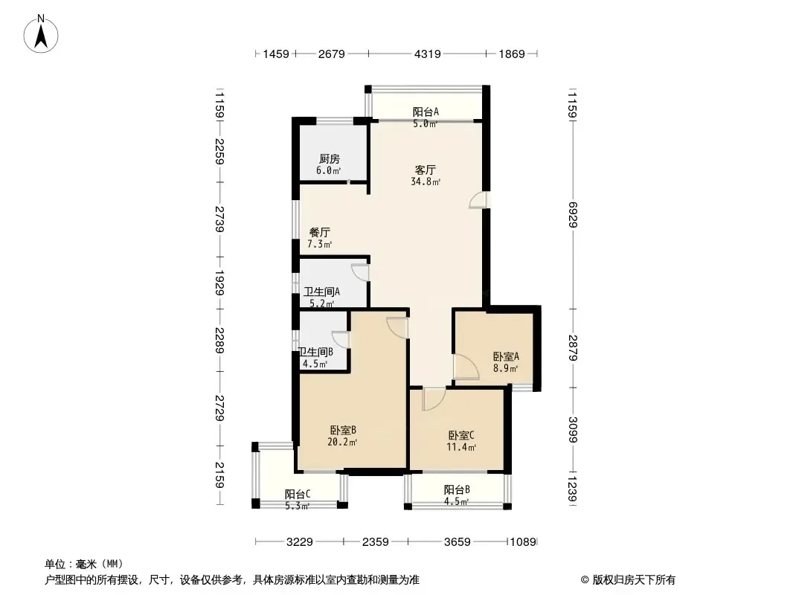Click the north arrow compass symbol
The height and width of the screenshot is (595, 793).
[41, 33]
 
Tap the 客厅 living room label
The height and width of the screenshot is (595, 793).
[425, 170]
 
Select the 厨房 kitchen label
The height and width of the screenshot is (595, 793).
[330, 158]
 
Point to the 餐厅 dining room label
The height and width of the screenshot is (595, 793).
[320, 233]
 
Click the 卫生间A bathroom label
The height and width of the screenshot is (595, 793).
[321, 292]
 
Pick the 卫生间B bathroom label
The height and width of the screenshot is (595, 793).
[315, 352]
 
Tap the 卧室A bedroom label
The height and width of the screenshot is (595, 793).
[506, 356]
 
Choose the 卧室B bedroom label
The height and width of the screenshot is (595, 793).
[343, 430]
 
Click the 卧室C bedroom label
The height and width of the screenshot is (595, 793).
[461, 435]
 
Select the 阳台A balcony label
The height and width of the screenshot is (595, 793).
[426, 112]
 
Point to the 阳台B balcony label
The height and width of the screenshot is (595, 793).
[457, 489]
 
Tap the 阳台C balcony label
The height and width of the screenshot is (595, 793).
[298, 494]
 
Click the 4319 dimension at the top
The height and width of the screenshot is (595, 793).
[427, 54]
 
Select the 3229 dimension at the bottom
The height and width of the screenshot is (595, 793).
[299, 542]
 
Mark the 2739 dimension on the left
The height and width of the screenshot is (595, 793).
[219, 219]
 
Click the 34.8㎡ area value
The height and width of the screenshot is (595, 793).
[426, 181]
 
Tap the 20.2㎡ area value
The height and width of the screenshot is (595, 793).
[342, 443]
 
